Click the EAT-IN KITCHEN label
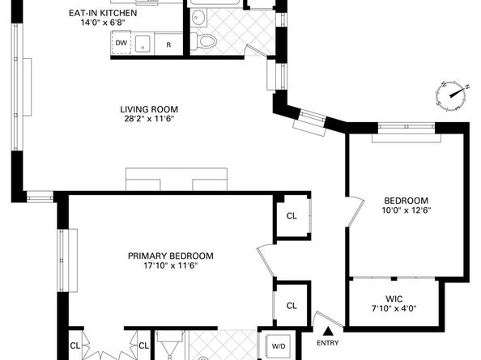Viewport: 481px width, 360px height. pyautogui.click(x=103, y=13)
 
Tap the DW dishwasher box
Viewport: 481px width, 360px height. pyautogui.click(x=121, y=43)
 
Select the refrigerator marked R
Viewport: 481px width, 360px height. pyautogui.click(x=168, y=44)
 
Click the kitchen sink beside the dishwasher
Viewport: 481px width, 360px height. pyautogui.click(x=143, y=44)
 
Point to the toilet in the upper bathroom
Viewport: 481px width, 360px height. pyautogui.click(x=203, y=40)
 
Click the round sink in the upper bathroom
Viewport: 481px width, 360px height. pyautogui.click(x=198, y=17)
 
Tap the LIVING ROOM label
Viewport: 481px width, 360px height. pyautogui.click(x=149, y=109)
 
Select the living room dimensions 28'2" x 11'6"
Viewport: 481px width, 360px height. pyautogui.click(x=149, y=119)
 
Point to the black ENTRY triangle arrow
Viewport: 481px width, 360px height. pyautogui.click(x=329, y=331)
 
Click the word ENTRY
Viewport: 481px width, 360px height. pyautogui.click(x=328, y=343)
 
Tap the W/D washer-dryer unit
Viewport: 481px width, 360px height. pyautogui.click(x=279, y=346)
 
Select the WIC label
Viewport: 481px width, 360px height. pyautogui.click(x=394, y=299)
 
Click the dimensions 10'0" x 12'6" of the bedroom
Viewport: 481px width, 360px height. pyautogui.click(x=407, y=210)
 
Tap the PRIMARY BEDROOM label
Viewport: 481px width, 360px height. pyautogui.click(x=171, y=256)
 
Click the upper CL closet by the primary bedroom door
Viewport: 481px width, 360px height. pyautogui.click(x=292, y=216)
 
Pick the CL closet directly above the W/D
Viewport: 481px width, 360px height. pyautogui.click(x=292, y=306)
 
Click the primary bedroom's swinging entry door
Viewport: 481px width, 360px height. pyautogui.click(x=266, y=261)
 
